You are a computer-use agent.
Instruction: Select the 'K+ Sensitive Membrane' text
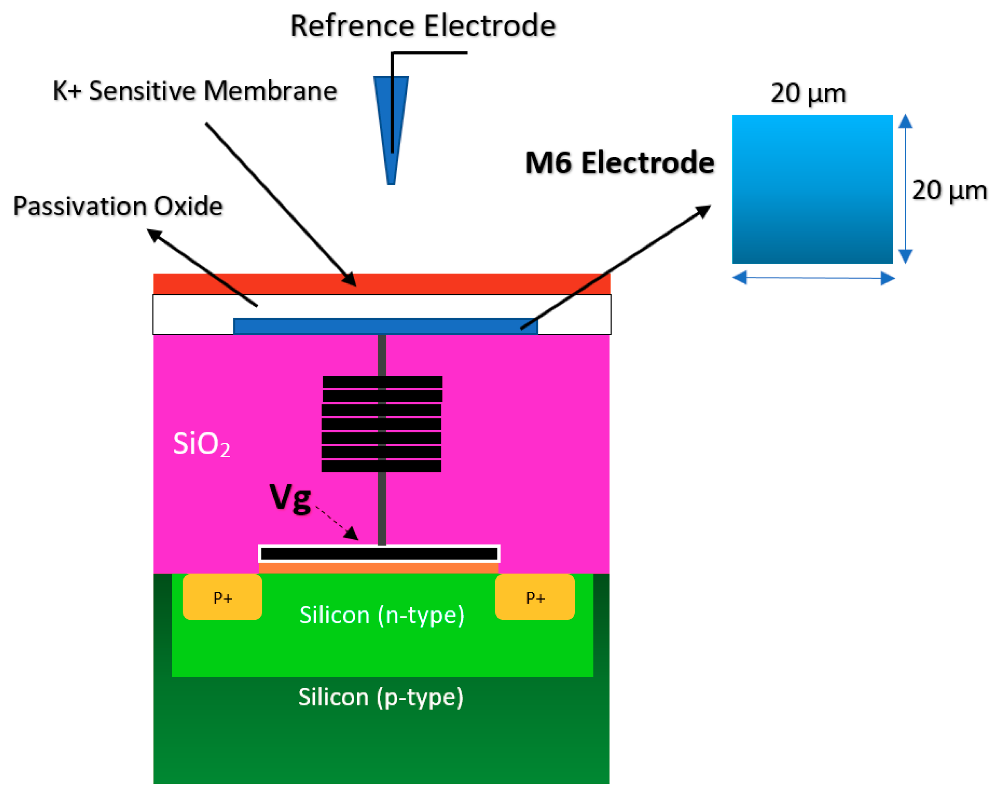[195, 91]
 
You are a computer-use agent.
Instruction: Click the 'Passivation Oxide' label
[118, 206]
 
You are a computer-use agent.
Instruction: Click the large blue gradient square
[812, 189]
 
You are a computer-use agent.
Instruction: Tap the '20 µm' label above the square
[808, 93]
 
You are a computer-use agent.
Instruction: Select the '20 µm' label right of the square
[949, 190]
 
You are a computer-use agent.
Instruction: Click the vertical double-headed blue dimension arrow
[905, 189]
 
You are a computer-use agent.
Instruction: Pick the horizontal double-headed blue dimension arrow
[813, 278]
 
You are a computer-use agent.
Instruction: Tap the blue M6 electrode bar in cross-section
[325, 326]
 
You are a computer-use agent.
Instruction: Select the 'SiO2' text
[201, 444]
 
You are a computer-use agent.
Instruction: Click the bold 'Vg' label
[290, 498]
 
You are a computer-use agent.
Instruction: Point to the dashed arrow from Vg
[337, 522]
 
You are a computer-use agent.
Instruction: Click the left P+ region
[222, 597]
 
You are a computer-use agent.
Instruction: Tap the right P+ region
[535, 597]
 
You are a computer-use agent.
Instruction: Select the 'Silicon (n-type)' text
[382, 615]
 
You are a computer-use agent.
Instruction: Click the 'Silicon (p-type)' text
[381, 697]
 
